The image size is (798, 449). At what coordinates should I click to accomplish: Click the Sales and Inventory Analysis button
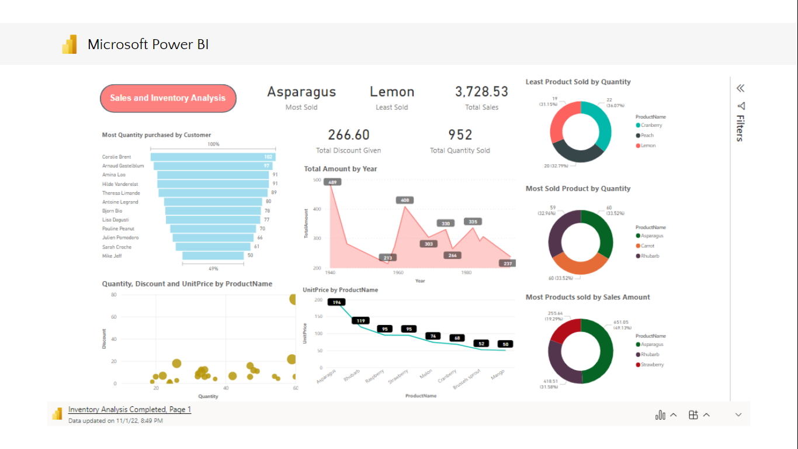[x=168, y=98]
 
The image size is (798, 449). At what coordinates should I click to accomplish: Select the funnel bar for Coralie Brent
[x=213, y=157]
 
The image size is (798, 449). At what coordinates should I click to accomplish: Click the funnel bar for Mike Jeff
[x=213, y=255]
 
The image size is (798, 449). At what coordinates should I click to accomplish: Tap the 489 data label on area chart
[x=332, y=182]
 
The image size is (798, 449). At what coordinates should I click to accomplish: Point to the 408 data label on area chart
[x=404, y=201]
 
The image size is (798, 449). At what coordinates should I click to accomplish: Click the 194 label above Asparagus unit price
[x=336, y=302]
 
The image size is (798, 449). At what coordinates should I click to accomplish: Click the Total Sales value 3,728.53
[x=481, y=92]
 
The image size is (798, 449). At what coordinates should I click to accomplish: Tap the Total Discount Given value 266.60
[x=348, y=135]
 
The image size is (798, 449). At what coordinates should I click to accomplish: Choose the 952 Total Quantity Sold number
[x=460, y=135]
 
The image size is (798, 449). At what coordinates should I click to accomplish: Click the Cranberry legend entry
[x=651, y=125]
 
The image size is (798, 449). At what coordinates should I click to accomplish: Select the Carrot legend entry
[x=647, y=246]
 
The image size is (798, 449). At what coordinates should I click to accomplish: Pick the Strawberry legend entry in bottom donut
[x=652, y=365]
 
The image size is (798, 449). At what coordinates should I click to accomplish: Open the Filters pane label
[x=740, y=127]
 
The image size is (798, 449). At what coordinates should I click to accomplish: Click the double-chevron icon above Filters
[x=740, y=88]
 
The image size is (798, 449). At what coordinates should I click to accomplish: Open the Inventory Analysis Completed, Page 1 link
[x=129, y=409]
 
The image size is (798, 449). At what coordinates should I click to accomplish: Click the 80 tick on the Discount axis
[x=114, y=295]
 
